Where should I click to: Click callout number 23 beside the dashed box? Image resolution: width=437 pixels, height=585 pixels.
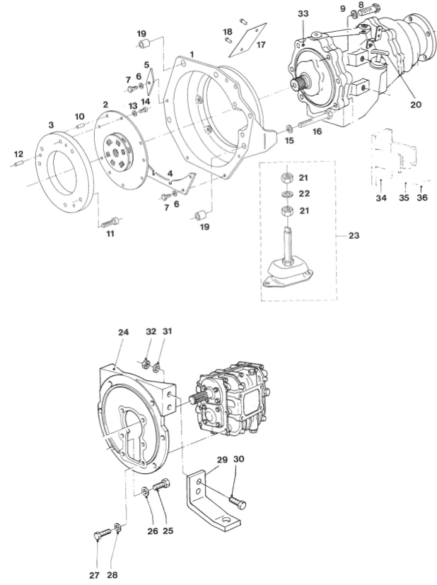tap(354, 235)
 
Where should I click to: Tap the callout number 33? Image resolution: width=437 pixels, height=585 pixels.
tap(303, 13)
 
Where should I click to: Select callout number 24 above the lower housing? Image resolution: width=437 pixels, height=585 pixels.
tap(123, 332)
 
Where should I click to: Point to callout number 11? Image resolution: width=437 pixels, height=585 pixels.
tap(110, 234)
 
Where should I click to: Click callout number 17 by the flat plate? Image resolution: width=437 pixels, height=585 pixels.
tap(261, 45)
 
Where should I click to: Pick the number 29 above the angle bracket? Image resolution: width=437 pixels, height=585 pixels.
tap(222, 460)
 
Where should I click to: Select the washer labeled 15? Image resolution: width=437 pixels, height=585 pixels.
tap(289, 129)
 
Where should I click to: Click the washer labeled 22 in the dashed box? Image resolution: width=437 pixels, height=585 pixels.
tap(287, 194)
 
